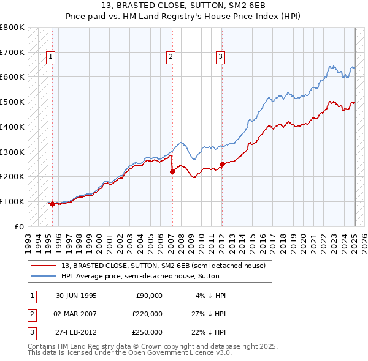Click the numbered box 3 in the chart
coord(220,57)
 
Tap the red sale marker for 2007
coord(172,171)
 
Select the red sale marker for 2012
coord(222,164)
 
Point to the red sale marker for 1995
coord(52,204)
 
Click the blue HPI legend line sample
coord(44,276)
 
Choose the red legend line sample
coord(44,266)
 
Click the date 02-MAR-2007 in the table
coord(77,314)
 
